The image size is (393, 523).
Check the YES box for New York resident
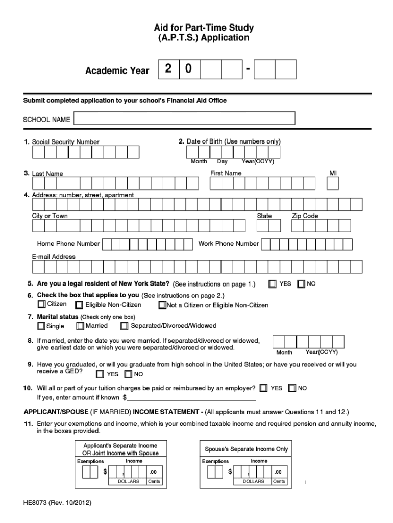tap(273, 283)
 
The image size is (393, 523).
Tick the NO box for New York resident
tap(301, 283)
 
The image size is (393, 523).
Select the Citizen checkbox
tap(41, 305)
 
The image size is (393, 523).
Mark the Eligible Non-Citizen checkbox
tap(79, 305)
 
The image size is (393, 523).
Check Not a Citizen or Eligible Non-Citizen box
tap(162, 305)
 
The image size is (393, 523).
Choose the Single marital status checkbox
tap(41, 326)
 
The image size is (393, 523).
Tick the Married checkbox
tap(80, 326)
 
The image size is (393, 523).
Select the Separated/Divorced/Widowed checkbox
tap(125, 326)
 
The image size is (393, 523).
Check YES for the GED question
tap(100, 374)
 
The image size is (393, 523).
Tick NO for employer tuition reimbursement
tap(292, 388)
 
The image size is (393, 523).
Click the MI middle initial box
tap(333, 183)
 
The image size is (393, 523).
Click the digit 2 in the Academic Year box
tap(168, 69)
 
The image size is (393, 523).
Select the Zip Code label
tap(305, 216)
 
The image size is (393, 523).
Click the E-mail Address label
tap(54, 257)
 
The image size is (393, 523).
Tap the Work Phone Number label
tap(228, 244)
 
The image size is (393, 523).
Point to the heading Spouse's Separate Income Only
tap(247, 449)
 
